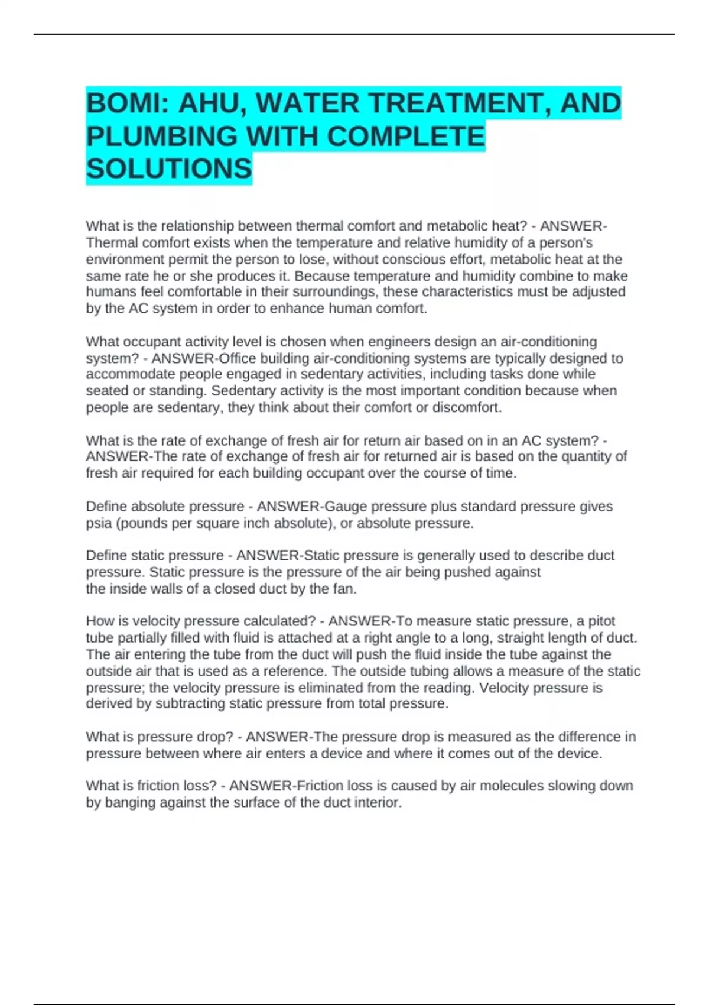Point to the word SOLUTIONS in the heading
coord(169,170)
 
